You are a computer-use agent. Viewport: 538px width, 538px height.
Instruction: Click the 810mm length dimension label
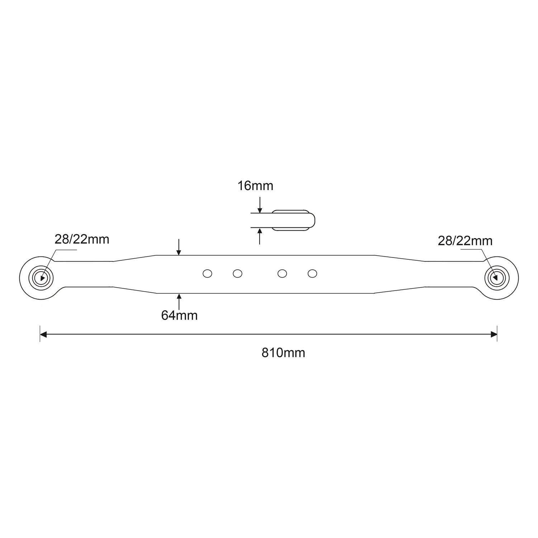pyautogui.click(x=283, y=353)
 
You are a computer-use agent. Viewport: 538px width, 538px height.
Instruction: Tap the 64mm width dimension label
pyautogui.click(x=179, y=315)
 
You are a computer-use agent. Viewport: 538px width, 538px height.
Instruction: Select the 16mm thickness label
pyautogui.click(x=255, y=186)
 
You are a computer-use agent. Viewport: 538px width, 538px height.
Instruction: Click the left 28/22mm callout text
pyautogui.click(x=82, y=239)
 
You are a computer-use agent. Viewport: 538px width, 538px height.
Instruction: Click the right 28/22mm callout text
pyautogui.click(x=465, y=241)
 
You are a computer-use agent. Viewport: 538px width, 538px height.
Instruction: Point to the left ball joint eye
pyautogui.click(x=42, y=278)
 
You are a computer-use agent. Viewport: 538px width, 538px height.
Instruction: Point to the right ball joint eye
pyautogui.click(x=496, y=278)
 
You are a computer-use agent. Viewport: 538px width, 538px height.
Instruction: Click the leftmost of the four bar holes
pyautogui.click(x=207, y=274)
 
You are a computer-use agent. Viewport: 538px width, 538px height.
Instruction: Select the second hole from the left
pyautogui.click(x=237, y=274)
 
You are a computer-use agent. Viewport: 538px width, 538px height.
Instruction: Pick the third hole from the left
pyautogui.click(x=282, y=274)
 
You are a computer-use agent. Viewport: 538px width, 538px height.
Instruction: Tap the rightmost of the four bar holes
pyautogui.click(x=312, y=274)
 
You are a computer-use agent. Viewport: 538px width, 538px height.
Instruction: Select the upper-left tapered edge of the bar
pyautogui.click(x=134, y=258)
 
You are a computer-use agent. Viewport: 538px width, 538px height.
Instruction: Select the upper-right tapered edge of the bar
pyautogui.click(x=400, y=258)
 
